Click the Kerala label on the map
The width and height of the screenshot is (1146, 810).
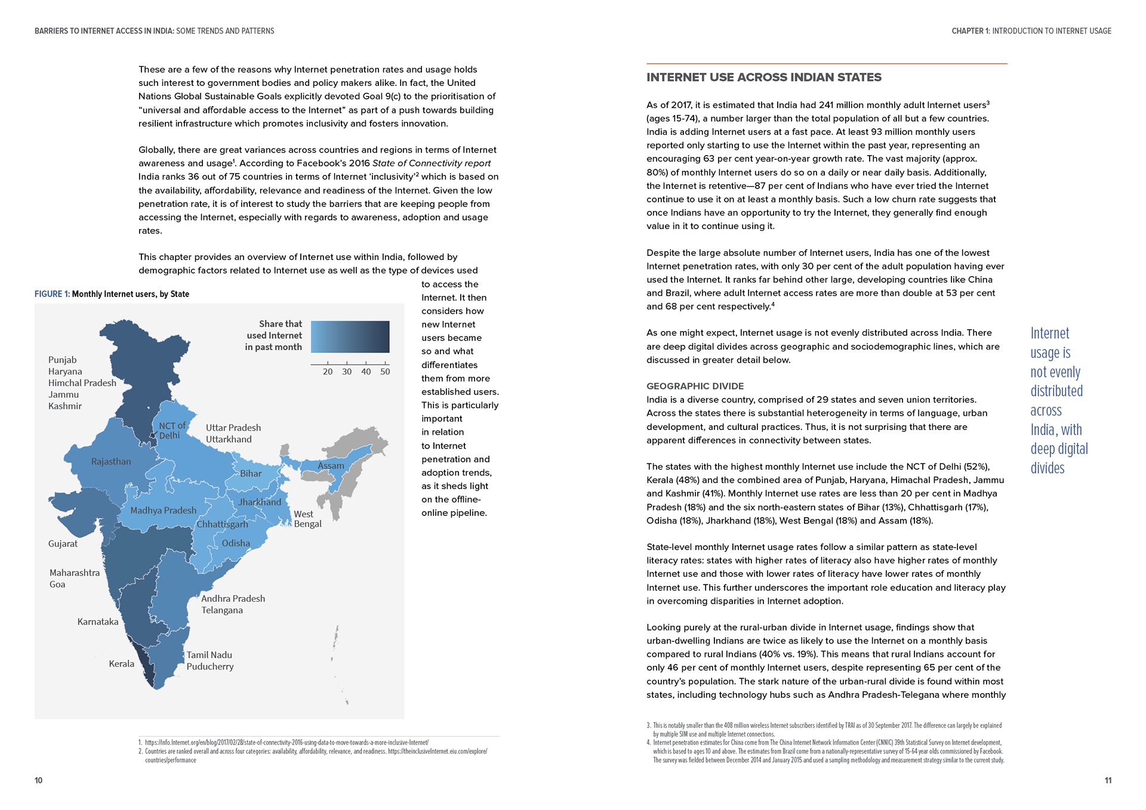(x=121, y=664)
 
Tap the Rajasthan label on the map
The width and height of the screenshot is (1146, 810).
(x=111, y=462)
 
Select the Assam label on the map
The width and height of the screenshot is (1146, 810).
(x=331, y=466)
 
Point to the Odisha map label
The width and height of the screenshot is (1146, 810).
(x=236, y=543)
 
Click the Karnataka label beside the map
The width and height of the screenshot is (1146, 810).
(x=98, y=622)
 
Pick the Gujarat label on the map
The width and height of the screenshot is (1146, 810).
(x=63, y=544)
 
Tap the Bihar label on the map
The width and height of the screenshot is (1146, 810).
(x=251, y=474)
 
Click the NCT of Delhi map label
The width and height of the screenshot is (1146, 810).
(x=172, y=431)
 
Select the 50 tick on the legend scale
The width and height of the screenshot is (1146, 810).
(x=385, y=372)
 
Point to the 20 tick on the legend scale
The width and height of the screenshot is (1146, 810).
(x=328, y=372)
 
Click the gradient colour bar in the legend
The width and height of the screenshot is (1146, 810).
(x=350, y=337)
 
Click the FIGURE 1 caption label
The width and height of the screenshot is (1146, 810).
(x=52, y=294)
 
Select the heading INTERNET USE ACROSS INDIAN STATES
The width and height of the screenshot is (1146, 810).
(x=764, y=78)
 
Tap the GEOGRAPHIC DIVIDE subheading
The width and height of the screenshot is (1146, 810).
(x=695, y=387)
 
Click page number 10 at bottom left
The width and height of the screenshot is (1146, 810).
(x=39, y=781)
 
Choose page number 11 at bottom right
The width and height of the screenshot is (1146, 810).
(x=1108, y=781)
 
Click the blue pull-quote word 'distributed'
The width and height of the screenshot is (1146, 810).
(x=1056, y=391)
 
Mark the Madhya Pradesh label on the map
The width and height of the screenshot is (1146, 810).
(x=163, y=511)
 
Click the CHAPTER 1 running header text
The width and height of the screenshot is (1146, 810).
(x=1031, y=31)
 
